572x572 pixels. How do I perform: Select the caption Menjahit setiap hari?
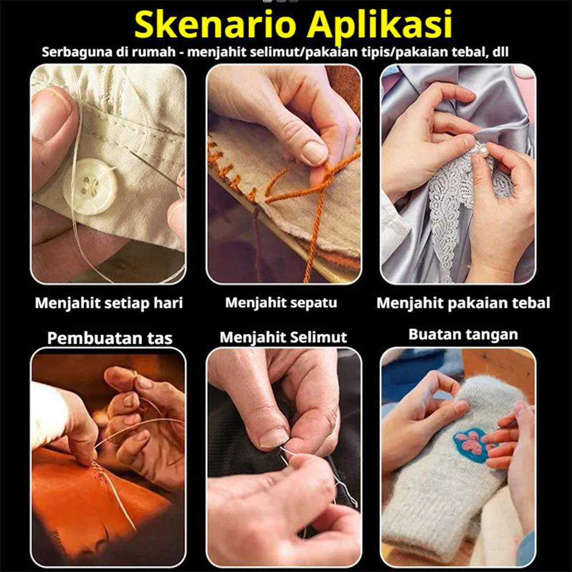tap(109, 303)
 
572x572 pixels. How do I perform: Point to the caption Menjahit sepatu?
tap(281, 303)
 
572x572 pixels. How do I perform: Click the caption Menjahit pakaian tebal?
tap(463, 303)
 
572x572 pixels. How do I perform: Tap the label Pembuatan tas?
tap(109, 338)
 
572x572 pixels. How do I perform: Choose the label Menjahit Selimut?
tap(283, 337)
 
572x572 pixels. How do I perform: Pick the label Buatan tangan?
tap(463, 335)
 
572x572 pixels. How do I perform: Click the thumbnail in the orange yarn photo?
tap(315, 153)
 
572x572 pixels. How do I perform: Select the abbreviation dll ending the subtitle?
tap(500, 52)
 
